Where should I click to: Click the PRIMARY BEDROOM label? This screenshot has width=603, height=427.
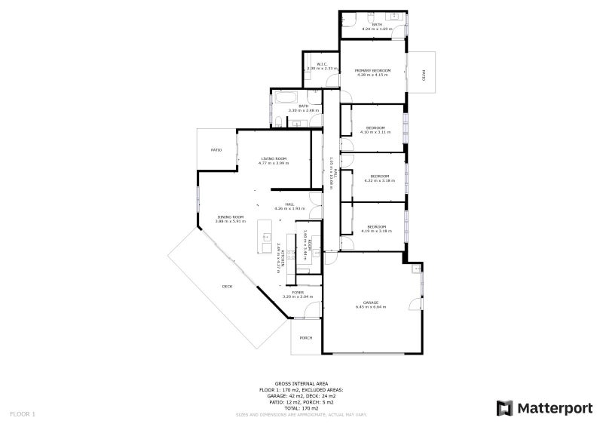[372, 70]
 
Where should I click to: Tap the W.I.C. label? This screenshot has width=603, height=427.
[321, 64]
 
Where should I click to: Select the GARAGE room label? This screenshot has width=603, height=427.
[370, 303]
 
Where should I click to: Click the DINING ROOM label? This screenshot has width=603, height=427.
[230, 217]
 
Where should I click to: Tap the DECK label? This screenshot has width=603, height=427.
[227, 286]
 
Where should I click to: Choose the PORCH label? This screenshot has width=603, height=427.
[306, 337]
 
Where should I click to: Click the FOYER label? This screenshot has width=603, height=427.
[298, 292]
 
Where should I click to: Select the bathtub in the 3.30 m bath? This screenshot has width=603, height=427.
[286, 99]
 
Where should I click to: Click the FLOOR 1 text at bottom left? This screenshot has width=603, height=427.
[23, 413]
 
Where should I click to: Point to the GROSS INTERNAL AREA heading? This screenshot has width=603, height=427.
[301, 383]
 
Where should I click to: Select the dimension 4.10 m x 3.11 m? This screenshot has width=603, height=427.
[376, 132]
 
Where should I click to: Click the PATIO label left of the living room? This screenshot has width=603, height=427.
[216, 150]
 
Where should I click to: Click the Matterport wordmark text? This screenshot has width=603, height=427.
[555, 408]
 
